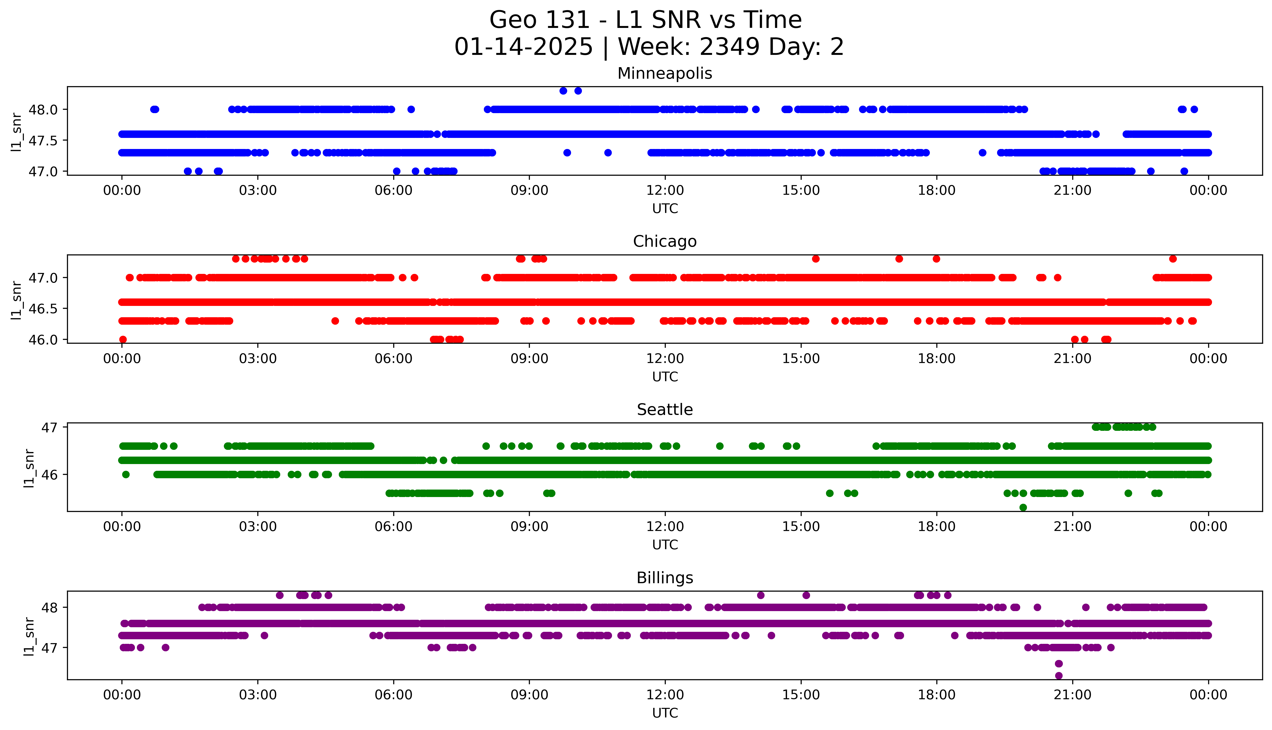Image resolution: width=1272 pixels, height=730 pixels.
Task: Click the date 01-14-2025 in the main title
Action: point(523,47)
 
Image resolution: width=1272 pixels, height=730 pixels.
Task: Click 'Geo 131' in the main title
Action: point(539,20)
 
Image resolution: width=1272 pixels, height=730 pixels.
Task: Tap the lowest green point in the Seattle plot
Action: point(1023,507)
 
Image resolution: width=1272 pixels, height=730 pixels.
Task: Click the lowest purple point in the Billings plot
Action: point(1059,675)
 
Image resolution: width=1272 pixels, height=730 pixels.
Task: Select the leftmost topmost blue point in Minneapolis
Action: point(563,91)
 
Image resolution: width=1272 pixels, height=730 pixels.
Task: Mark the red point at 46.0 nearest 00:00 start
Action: point(123,339)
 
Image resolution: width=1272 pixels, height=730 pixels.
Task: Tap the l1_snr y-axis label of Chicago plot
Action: point(17,300)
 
